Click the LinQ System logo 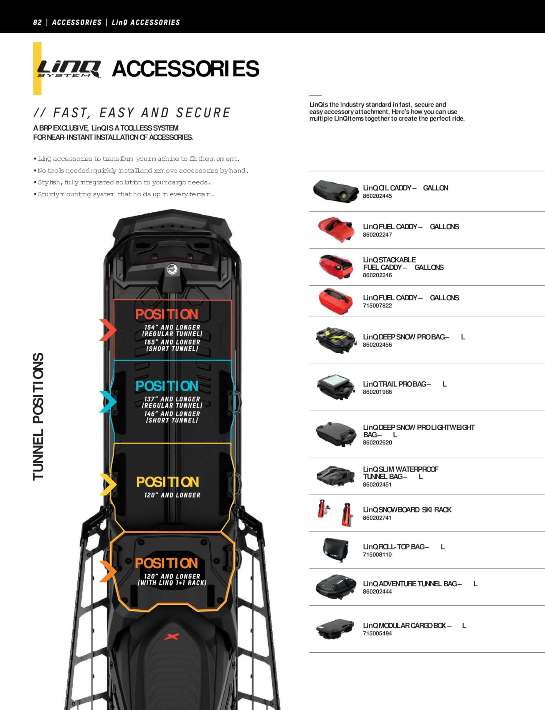tap(69, 69)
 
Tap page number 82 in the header tap(37, 22)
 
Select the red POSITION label tap(167, 314)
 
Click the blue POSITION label tap(167, 386)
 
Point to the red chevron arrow tap(108, 330)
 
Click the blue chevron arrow tap(108, 402)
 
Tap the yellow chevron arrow tap(108, 484)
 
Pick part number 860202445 tap(377, 196)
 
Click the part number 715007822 tap(377, 306)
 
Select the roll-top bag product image tap(336, 551)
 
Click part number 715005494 tap(377, 633)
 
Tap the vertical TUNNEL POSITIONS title tap(38, 417)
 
